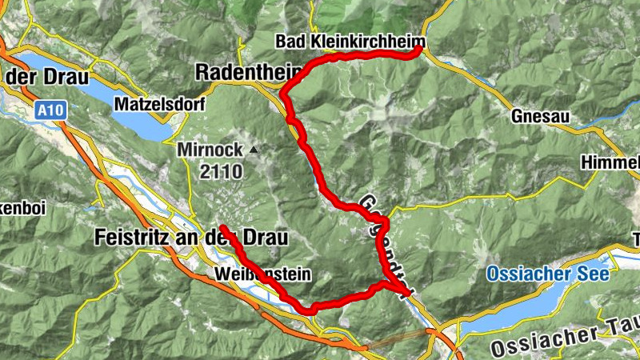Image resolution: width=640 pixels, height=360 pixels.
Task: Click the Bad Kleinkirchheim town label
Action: tap(350, 41)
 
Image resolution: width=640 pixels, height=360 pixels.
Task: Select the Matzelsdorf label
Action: tap(160, 104)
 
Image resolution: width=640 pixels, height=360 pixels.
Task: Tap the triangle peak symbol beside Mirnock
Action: tap(254, 150)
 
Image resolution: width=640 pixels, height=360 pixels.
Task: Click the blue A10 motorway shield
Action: tap(49, 114)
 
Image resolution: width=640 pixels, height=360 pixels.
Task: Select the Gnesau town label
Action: tap(540, 117)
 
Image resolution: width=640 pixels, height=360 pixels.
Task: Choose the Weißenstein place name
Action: tap(262, 274)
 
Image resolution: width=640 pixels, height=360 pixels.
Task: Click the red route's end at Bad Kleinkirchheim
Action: tap(418, 50)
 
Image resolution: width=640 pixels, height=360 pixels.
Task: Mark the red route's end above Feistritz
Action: tap(223, 230)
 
